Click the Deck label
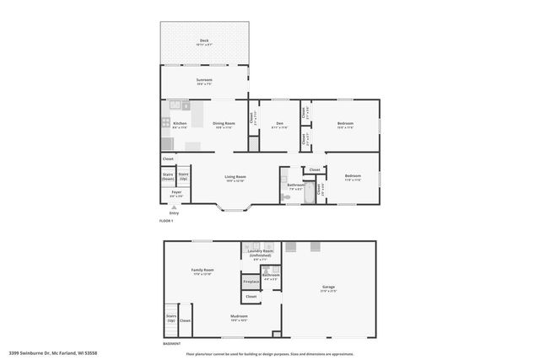204,40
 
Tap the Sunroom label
203,83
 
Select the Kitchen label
180,124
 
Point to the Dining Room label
224,124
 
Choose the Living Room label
235,177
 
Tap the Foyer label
176,192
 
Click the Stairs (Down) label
169,176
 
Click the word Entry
174,213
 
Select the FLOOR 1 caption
166,221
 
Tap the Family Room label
202,271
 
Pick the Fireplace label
251,282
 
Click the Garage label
328,287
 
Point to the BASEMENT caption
171,343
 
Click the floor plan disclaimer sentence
270,353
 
